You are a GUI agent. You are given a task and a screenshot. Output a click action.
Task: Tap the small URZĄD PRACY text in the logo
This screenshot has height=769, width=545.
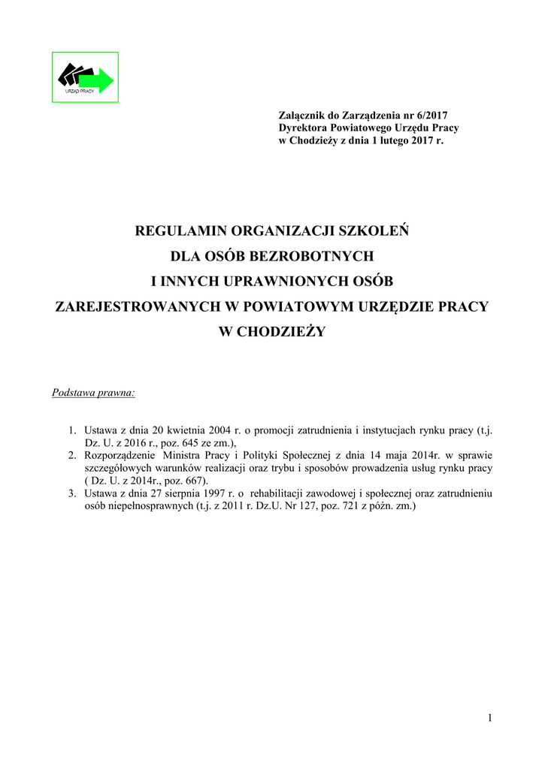pyautogui.click(x=80, y=90)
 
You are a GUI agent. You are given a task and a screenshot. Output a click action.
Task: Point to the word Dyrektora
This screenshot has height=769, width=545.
pyautogui.click(x=302, y=128)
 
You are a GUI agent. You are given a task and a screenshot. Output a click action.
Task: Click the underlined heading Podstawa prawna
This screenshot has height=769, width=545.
pyautogui.click(x=93, y=392)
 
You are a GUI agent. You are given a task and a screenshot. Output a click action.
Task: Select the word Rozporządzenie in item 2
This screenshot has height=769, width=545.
pyautogui.click(x=120, y=455)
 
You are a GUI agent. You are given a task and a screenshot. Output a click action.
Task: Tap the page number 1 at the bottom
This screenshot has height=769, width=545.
pyautogui.click(x=490, y=718)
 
